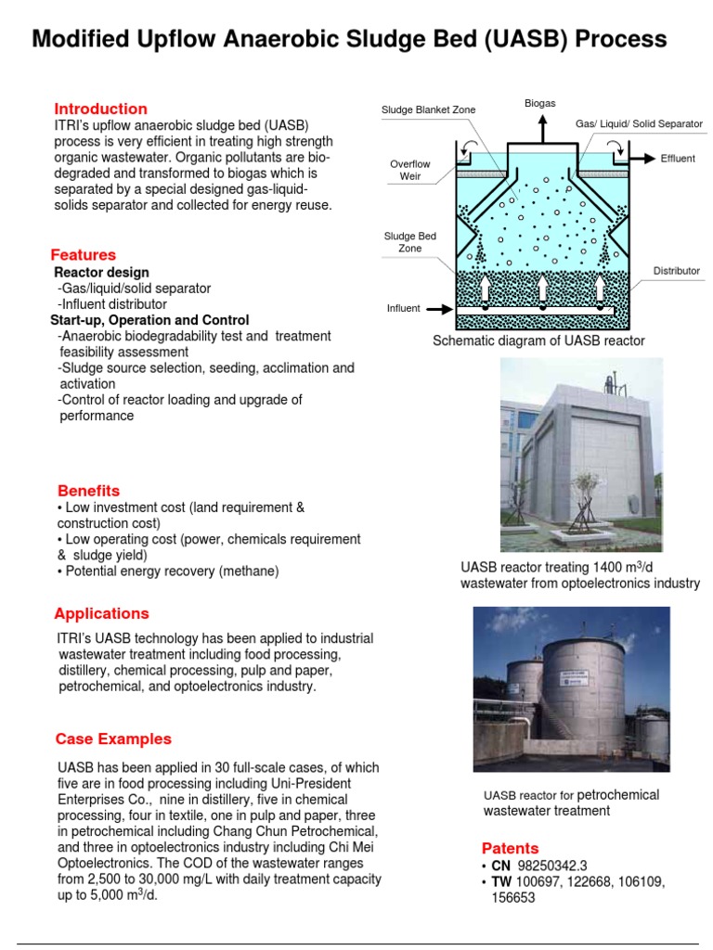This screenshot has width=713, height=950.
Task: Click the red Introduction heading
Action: coord(100,109)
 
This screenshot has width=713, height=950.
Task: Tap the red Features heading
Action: coord(84,254)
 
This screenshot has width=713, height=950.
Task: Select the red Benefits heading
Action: coord(88,490)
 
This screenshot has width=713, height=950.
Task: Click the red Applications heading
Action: coord(101,613)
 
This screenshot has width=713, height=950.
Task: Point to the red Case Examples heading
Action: coord(113,738)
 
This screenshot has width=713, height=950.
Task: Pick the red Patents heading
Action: coord(510,848)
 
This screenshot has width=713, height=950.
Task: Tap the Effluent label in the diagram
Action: coord(678,159)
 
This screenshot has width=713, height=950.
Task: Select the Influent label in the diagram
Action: coord(404,308)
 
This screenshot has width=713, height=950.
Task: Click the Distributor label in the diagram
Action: coord(676,271)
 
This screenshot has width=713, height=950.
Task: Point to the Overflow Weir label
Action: coord(410,170)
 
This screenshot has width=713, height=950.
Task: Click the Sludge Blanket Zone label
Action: coord(428,110)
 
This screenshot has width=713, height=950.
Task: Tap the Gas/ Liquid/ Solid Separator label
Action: coord(639,123)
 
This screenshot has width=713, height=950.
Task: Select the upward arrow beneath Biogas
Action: coord(540,128)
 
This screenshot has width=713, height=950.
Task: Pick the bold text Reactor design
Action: coord(101,273)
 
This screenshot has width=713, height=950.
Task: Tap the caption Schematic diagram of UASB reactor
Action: coord(538,341)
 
